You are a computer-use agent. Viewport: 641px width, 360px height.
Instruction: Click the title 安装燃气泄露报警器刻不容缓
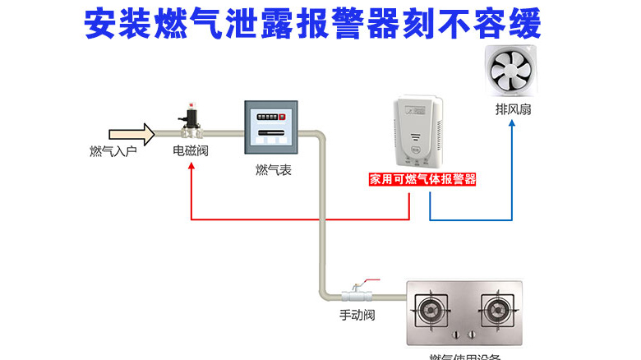point(313,25)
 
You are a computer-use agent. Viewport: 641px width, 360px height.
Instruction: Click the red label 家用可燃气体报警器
point(422,178)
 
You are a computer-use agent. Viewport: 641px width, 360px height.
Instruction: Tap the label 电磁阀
point(189,151)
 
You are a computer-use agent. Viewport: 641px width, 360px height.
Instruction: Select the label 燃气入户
point(113,151)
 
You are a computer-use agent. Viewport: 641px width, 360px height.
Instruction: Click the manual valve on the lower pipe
point(357,291)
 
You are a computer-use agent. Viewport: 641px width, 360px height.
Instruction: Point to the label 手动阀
point(357,316)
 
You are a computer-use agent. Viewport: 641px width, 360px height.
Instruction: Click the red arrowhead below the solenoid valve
point(191,165)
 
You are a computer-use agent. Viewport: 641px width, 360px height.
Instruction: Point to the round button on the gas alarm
point(417,150)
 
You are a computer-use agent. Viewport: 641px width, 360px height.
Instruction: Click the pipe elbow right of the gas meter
point(321,135)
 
